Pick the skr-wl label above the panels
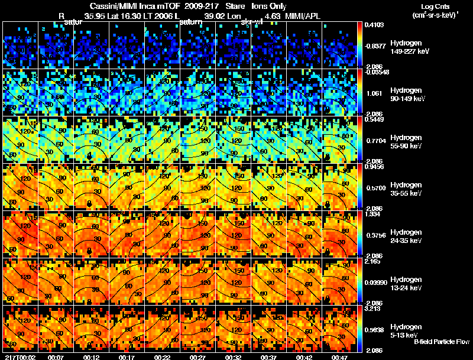tap(253, 22)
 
